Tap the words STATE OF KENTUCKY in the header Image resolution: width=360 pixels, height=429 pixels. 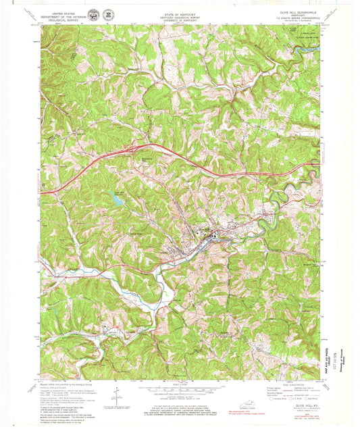tap(176, 12)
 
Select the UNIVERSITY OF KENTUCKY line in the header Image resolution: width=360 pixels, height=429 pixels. tap(176, 20)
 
